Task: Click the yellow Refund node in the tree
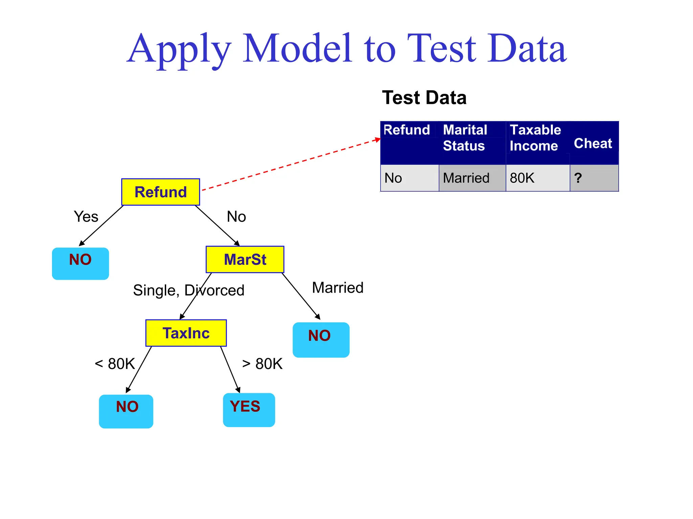[160, 192]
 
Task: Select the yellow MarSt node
[245, 259]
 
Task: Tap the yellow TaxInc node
[186, 333]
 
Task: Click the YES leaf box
[249, 410]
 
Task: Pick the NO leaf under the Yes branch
[80, 264]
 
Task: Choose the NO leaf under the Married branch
[321, 340]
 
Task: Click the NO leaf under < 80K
[126, 411]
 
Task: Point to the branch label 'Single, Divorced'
[188, 290]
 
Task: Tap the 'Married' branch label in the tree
[337, 288]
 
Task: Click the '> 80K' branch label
[262, 364]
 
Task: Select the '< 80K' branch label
[115, 364]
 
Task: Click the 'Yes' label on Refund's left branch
[86, 217]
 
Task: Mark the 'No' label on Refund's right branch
[236, 217]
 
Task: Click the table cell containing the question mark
[594, 178]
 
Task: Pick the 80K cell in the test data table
[537, 178]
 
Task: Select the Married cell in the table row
[472, 178]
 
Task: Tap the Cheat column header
[593, 143]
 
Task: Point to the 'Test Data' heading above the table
[424, 98]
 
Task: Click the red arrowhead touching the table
[378, 139]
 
